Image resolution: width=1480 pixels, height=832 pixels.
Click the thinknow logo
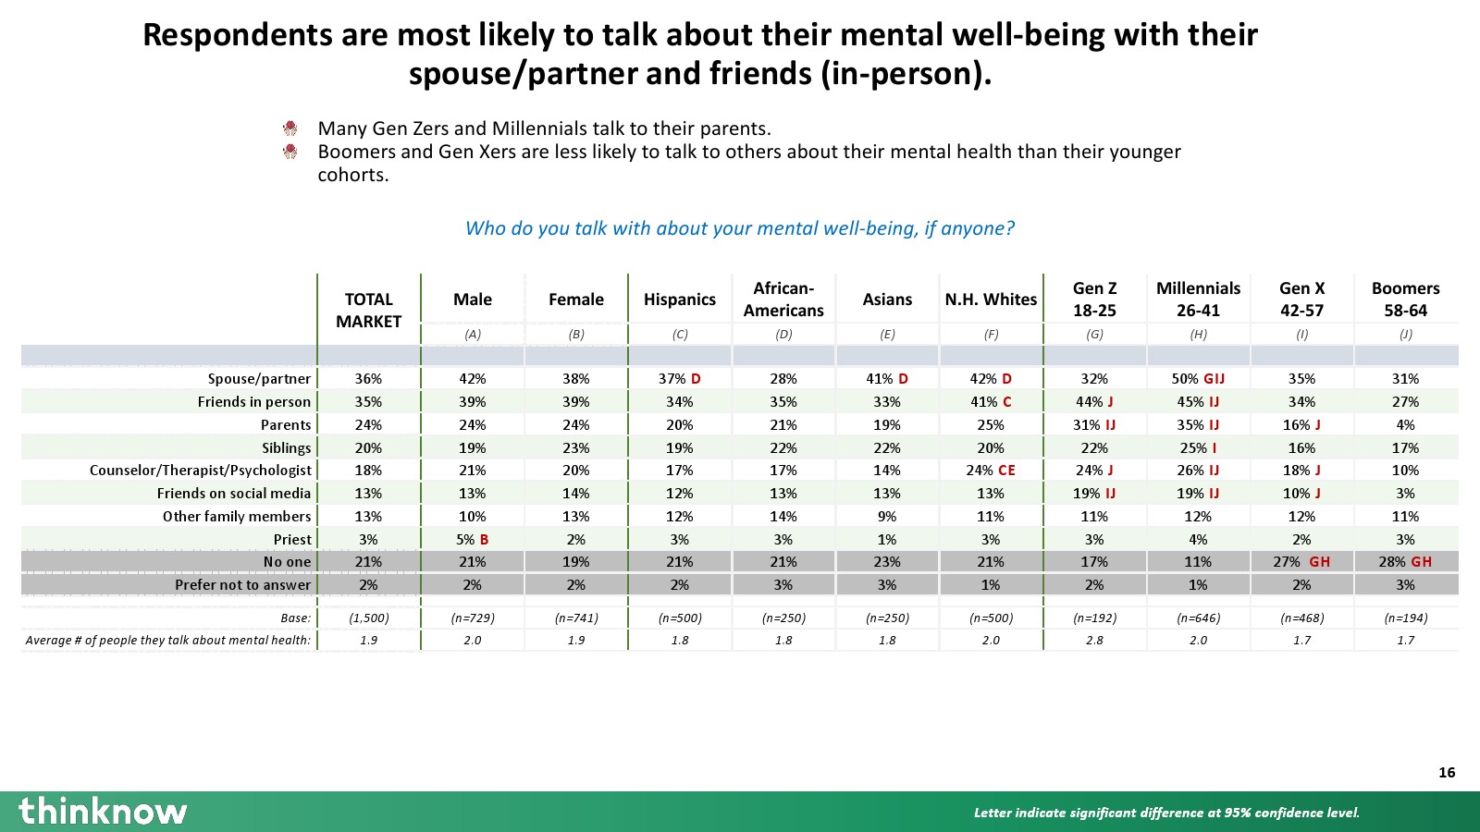tap(103, 811)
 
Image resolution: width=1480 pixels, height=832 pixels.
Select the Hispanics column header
tap(680, 300)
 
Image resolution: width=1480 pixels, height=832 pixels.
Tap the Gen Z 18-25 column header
tap(1094, 300)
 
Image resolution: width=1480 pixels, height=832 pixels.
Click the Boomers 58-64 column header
tap(1405, 300)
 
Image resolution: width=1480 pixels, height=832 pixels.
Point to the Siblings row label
tap(286, 447)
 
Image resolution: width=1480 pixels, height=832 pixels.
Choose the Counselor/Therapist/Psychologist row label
tap(201, 471)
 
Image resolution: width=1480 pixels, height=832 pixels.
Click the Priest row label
tap(292, 539)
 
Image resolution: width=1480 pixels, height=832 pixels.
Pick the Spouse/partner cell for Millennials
tap(1198, 379)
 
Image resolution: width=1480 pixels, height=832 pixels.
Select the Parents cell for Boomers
tap(1405, 425)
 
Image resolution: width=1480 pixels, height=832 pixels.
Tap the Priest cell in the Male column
tap(473, 539)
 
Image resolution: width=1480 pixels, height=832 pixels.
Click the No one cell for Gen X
tap(1301, 562)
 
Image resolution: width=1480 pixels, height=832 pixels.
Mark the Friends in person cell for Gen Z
tap(1094, 402)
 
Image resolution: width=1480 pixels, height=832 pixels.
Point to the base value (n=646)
tap(1198, 618)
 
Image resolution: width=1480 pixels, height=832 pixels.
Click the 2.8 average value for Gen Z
tap(1094, 640)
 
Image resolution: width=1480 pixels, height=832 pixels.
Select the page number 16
tap(1447, 773)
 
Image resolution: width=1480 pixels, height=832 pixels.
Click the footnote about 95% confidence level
tap(1166, 813)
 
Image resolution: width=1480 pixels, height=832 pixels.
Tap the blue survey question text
tap(740, 228)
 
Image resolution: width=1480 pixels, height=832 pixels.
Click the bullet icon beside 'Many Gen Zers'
tap(290, 128)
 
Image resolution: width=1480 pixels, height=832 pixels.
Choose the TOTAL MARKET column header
tap(368, 311)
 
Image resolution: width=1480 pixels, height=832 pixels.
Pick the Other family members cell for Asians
tap(887, 517)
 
